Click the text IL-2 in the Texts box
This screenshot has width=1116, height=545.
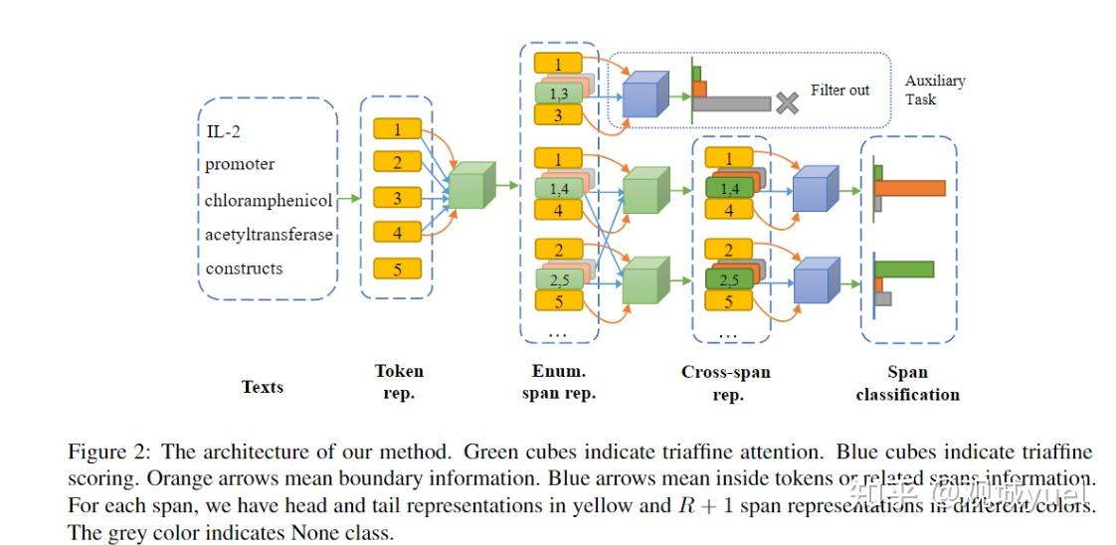pyautogui.click(x=223, y=131)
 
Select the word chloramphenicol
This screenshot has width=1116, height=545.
pyautogui.click(x=269, y=200)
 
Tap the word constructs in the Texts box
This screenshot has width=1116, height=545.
pyautogui.click(x=244, y=269)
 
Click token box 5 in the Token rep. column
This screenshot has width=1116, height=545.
pyautogui.click(x=397, y=269)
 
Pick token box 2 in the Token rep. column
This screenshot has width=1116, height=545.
pyautogui.click(x=397, y=162)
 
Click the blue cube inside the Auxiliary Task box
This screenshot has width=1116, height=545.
pyautogui.click(x=643, y=96)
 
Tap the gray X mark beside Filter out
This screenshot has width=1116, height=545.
pyautogui.click(x=787, y=103)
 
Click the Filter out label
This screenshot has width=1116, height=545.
pyautogui.click(x=839, y=90)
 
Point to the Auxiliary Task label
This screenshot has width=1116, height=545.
pyautogui.click(x=934, y=90)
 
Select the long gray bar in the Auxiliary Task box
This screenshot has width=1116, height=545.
pyautogui.click(x=732, y=103)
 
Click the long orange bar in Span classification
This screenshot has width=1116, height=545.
pyautogui.click(x=909, y=188)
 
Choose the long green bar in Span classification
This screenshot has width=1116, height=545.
pyautogui.click(x=904, y=269)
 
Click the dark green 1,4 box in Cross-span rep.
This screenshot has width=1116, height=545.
pyautogui.click(x=728, y=187)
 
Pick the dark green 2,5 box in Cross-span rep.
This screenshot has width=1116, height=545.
pyautogui.click(x=728, y=278)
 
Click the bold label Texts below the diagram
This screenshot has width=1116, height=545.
pyautogui.click(x=263, y=387)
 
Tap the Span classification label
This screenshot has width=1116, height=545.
pyautogui.click(x=907, y=383)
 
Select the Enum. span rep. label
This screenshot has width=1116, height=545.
pyautogui.click(x=558, y=382)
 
